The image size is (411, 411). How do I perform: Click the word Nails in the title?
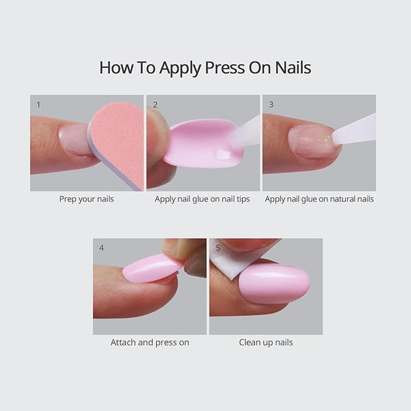pyautogui.click(x=292, y=67)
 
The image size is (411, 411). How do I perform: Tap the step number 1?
pyautogui.click(x=39, y=105)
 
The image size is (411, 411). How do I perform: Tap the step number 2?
pyautogui.click(x=155, y=105)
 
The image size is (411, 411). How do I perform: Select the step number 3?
pyautogui.click(x=271, y=105)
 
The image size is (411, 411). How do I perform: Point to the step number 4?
pyautogui.click(x=102, y=248)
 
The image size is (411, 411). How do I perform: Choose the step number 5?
pyautogui.click(x=219, y=248)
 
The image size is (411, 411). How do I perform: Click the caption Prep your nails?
pyautogui.click(x=86, y=199)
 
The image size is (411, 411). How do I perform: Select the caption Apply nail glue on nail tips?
pyautogui.click(x=202, y=199)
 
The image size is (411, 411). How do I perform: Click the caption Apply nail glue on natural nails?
pyautogui.click(x=319, y=199)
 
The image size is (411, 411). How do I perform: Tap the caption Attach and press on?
pyautogui.click(x=149, y=342)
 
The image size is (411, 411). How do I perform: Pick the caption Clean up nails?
pyautogui.click(x=266, y=342)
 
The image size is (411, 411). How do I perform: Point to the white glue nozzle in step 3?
pyautogui.click(x=356, y=129)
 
